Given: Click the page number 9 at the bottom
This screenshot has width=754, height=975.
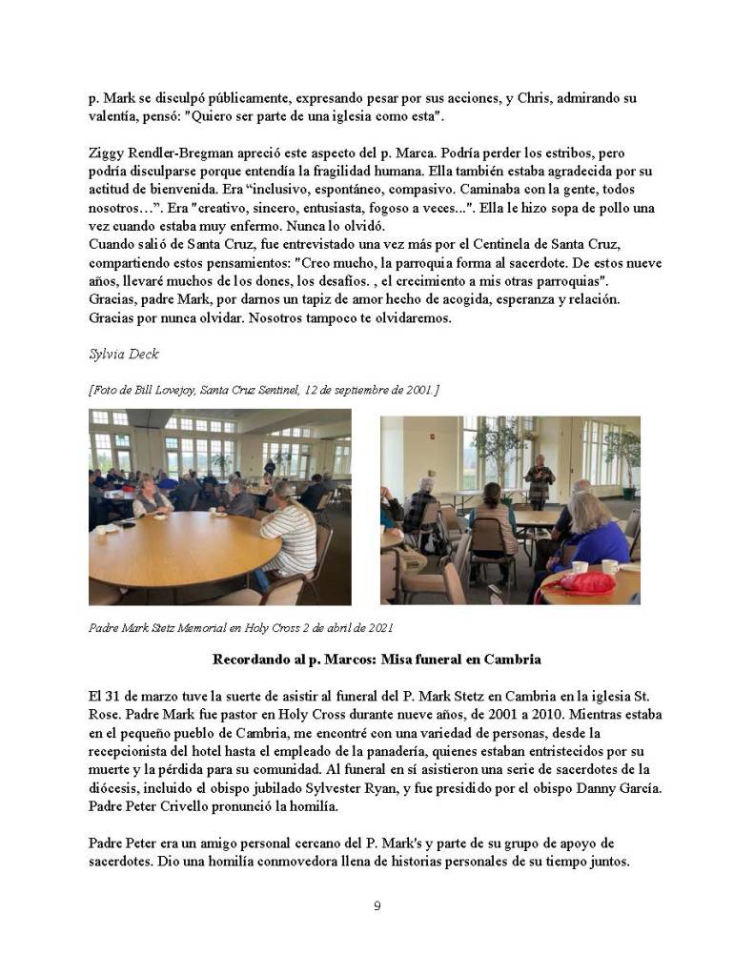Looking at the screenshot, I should click(377, 905).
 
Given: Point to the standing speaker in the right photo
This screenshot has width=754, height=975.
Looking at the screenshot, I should click(539, 480).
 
